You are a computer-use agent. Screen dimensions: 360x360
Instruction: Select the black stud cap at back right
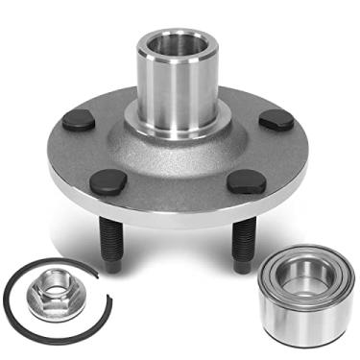pyautogui.click(x=277, y=119)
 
